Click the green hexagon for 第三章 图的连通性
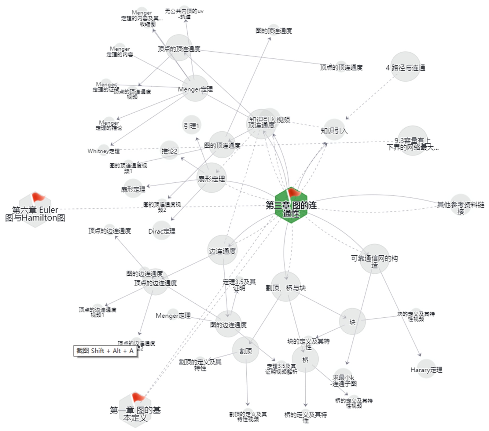(x=291, y=206)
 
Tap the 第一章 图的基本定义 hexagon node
(x=135, y=411)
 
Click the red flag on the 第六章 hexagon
(x=38, y=197)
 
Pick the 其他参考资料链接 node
(x=460, y=205)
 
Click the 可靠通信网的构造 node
(x=374, y=259)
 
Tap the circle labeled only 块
(x=352, y=322)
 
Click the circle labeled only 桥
(x=305, y=360)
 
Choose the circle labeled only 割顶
(x=246, y=350)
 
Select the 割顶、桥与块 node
(x=286, y=287)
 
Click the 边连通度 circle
(x=222, y=250)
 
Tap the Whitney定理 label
(x=104, y=151)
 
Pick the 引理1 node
(x=191, y=125)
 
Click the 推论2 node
(x=169, y=150)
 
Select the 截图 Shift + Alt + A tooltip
(x=105, y=351)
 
